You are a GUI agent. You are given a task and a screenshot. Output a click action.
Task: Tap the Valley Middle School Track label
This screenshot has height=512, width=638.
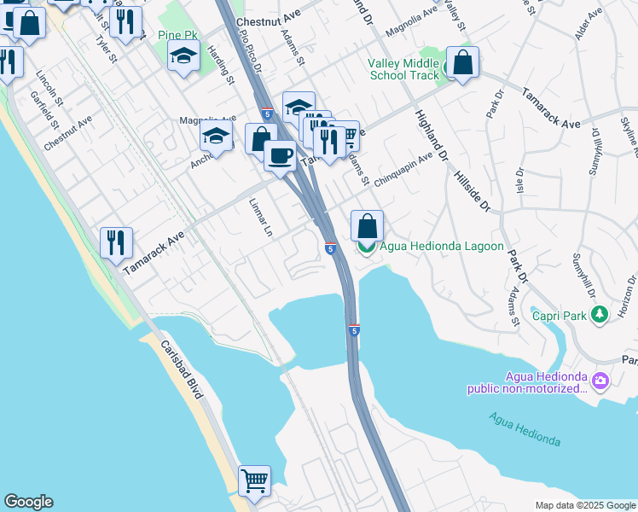click(403, 69)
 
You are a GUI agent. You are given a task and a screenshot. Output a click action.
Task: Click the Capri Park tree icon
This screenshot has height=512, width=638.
click(600, 316)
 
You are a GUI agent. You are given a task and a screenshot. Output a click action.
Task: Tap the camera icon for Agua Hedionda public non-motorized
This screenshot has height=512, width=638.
click(600, 380)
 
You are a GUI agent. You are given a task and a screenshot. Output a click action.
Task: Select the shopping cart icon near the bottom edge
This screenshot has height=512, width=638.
click(254, 481)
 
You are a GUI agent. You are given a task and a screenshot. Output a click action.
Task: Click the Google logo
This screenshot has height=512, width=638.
click(28, 502)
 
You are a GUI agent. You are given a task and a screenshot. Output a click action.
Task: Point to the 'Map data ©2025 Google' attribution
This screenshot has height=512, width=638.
click(584, 505)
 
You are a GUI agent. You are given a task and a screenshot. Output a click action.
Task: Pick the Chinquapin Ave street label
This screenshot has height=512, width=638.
click(403, 158)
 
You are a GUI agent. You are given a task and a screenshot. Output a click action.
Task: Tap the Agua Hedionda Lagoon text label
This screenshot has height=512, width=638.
click(430, 247)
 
